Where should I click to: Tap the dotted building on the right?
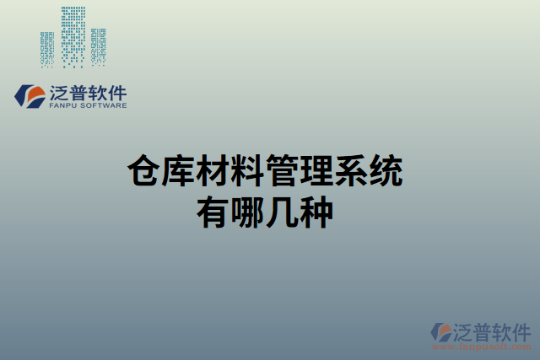tap(99, 47)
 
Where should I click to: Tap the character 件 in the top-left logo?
tap(115, 92)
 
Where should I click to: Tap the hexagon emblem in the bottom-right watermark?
tap(441, 331)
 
